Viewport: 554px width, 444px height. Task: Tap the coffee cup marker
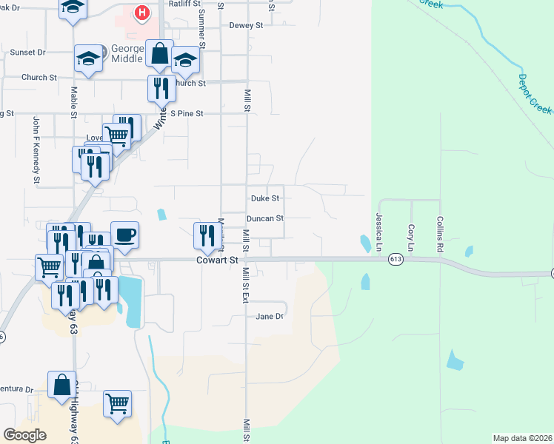click(x=124, y=235)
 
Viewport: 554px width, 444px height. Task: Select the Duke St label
click(x=264, y=198)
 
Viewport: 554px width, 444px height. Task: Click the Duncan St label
click(x=264, y=218)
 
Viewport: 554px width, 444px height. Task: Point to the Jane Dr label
click(x=269, y=316)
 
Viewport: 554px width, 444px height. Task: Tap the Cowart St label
click(x=217, y=260)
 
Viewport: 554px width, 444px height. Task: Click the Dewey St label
click(x=246, y=25)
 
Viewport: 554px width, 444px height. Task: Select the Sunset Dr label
click(x=27, y=53)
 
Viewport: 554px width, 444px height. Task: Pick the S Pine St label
click(x=186, y=114)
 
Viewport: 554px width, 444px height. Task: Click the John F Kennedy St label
click(x=36, y=149)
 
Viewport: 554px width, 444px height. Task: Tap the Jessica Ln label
click(x=378, y=232)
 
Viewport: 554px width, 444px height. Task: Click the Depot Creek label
click(x=534, y=93)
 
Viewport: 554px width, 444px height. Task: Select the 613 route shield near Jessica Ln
click(x=395, y=259)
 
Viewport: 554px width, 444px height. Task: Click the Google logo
click(x=25, y=435)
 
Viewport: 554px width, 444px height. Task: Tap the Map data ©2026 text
click(x=521, y=438)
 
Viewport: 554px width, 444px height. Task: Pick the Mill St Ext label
click(x=245, y=285)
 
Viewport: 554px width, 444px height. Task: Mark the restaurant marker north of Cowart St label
click(x=205, y=236)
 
